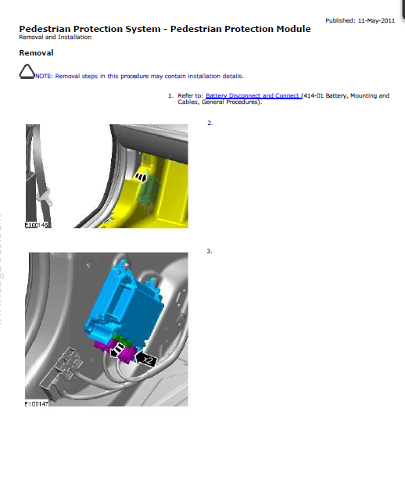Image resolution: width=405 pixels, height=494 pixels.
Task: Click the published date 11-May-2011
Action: click(x=376, y=21)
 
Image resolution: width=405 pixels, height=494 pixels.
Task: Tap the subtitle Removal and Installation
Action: click(x=56, y=38)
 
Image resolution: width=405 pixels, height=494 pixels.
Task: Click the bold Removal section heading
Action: click(x=36, y=52)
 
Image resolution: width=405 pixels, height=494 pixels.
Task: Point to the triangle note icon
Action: click(x=27, y=72)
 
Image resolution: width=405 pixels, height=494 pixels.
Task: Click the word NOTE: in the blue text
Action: click(x=44, y=77)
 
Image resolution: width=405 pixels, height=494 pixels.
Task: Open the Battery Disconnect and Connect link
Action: click(x=253, y=96)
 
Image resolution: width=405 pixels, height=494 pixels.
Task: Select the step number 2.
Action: click(x=210, y=123)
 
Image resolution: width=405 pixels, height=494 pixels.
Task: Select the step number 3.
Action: click(x=210, y=251)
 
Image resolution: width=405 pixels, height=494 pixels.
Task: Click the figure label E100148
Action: click(x=37, y=225)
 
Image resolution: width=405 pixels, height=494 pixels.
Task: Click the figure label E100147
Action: click(x=37, y=403)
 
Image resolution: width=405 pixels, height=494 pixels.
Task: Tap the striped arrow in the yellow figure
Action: click(x=141, y=177)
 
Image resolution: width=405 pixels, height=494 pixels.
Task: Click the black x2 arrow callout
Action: click(x=145, y=360)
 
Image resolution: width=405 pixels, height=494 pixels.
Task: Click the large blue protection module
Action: click(x=124, y=302)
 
